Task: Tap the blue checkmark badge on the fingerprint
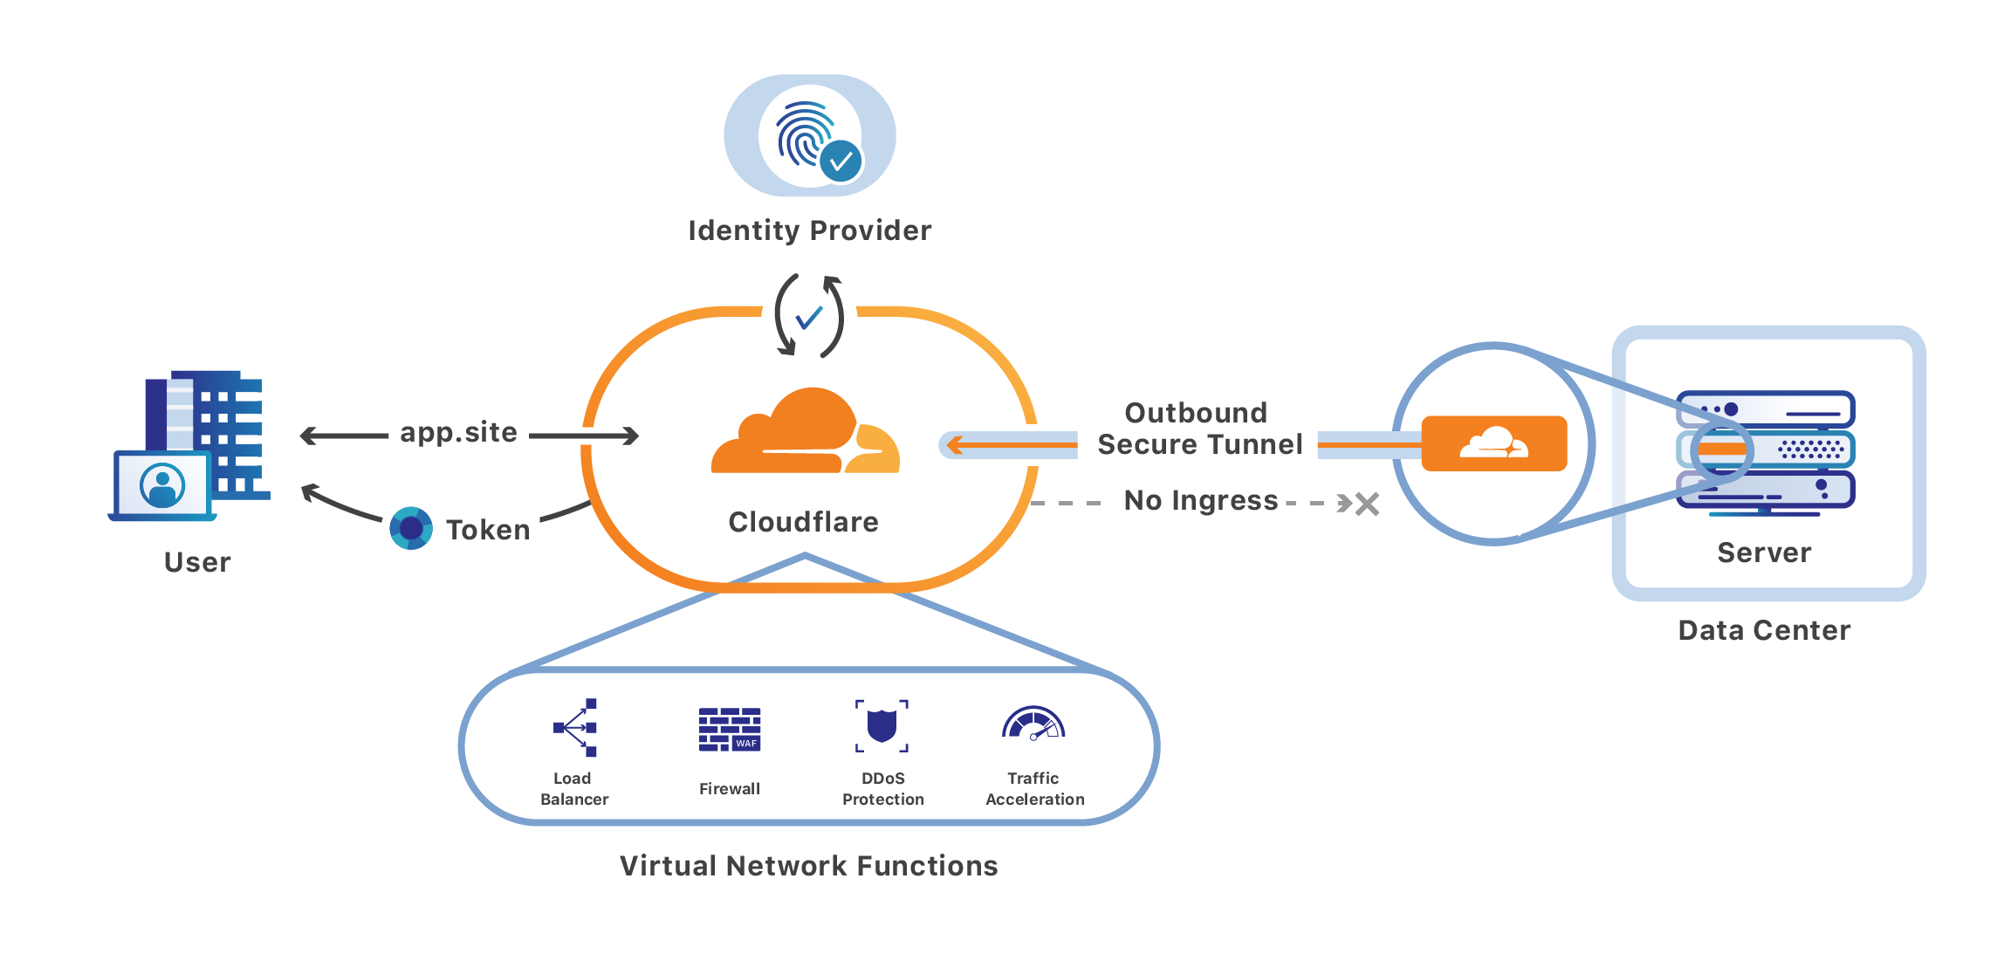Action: click(841, 161)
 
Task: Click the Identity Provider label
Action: click(809, 230)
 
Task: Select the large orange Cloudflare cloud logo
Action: click(805, 434)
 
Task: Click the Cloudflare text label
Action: click(803, 522)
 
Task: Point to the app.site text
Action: click(458, 432)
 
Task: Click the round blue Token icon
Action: click(411, 528)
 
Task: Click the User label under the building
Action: click(197, 562)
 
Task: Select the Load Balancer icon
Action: click(575, 727)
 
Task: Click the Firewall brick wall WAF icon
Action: click(730, 730)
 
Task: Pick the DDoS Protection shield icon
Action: click(882, 725)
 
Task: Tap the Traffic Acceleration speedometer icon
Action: click(1033, 724)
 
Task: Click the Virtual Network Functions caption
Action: click(808, 866)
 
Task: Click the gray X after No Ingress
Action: click(1367, 504)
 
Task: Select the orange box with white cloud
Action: click(1493, 443)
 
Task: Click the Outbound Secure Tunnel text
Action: click(1199, 429)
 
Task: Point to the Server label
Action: click(1764, 553)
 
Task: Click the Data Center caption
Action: click(1764, 630)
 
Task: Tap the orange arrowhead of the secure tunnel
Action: click(955, 445)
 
